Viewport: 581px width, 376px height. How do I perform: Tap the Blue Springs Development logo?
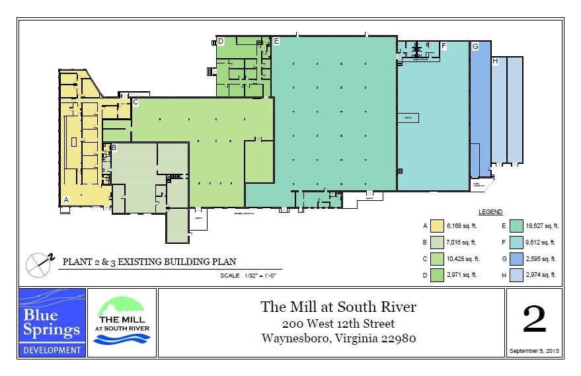[52, 322]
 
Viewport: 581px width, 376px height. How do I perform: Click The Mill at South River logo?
[122, 322]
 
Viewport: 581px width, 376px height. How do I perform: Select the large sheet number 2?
[534, 319]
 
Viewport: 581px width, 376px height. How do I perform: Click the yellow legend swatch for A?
[436, 226]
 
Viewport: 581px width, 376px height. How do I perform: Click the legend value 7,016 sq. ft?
[462, 243]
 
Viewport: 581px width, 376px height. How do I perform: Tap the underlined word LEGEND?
[490, 212]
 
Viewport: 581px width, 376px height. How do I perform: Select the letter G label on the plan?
[475, 46]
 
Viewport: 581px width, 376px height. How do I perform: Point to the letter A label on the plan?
[65, 199]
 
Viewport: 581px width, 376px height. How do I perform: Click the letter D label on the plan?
[221, 42]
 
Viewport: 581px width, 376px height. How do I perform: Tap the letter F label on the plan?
[444, 46]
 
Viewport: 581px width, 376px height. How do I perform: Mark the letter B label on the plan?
[114, 147]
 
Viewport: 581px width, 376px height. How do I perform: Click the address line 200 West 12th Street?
[338, 324]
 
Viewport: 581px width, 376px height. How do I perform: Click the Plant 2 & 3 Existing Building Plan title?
[149, 262]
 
